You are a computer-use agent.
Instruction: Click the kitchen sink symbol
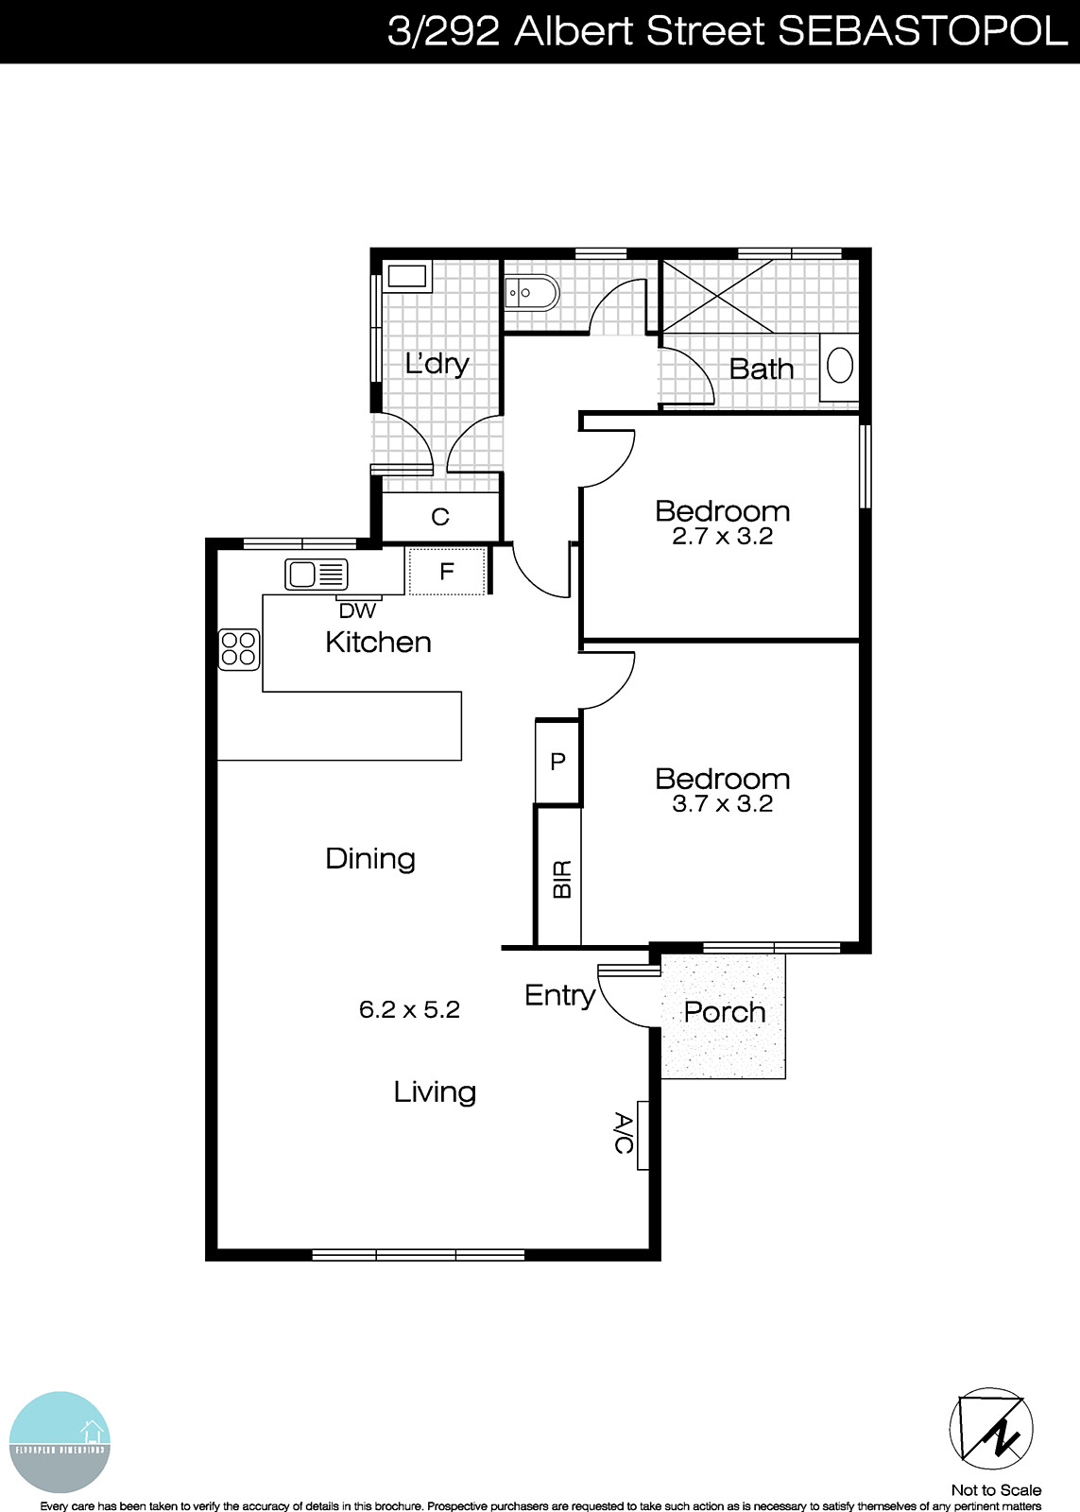tap(317, 574)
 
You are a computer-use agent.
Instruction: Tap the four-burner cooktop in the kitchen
tap(239, 649)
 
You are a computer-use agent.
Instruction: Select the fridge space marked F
tap(447, 571)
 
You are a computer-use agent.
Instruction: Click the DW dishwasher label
tap(357, 611)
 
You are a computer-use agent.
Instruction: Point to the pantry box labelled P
tap(557, 761)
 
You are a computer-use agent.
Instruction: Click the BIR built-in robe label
tap(561, 879)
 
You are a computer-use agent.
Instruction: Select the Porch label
tap(724, 1012)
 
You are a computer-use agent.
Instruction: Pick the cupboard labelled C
tap(439, 517)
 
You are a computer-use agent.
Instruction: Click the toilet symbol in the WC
tap(529, 293)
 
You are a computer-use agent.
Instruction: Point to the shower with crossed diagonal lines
tap(719, 295)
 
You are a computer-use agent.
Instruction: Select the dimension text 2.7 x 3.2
tap(722, 536)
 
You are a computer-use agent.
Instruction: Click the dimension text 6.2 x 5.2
tap(409, 1009)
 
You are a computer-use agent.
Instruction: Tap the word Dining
tap(370, 858)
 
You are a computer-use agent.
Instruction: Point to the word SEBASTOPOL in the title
tap(921, 31)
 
